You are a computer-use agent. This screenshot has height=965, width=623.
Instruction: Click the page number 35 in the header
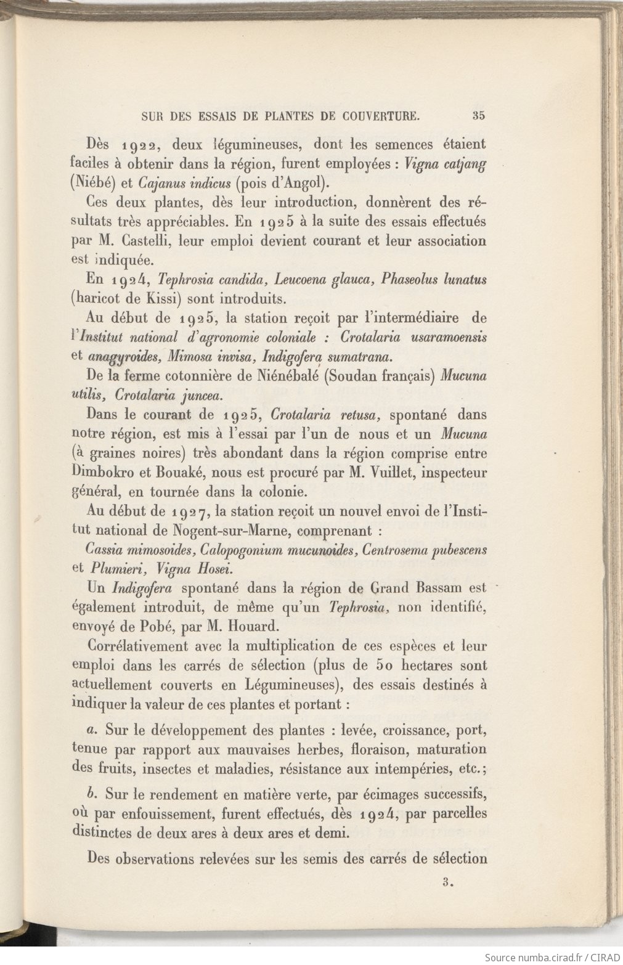pos(479,115)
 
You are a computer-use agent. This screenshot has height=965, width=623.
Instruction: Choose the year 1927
pos(190,511)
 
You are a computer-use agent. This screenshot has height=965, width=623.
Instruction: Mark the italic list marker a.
pos(91,731)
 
